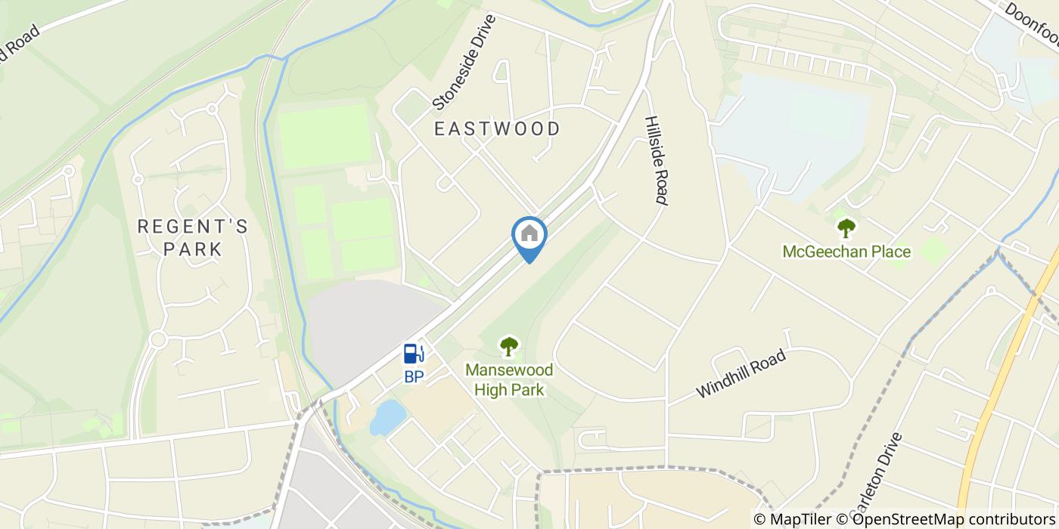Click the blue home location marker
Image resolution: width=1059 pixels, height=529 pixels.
click(529, 236)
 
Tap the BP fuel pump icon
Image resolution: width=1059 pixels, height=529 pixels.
click(413, 353)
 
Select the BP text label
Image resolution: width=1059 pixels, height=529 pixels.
click(413, 376)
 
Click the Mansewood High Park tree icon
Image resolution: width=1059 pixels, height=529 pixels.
click(510, 347)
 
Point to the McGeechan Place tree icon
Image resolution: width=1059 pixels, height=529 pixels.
click(846, 227)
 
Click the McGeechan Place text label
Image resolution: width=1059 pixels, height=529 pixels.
click(846, 252)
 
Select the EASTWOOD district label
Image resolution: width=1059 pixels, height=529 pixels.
click(497, 129)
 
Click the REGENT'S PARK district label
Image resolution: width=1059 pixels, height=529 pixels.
click(192, 237)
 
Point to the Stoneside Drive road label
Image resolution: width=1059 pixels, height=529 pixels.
click(463, 61)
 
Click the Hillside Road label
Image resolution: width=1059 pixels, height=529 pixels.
click(656, 160)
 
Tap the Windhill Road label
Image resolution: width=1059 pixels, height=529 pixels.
click(742, 373)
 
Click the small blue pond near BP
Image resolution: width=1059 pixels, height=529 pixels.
click(387, 417)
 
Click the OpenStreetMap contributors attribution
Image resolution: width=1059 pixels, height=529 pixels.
click(950, 519)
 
